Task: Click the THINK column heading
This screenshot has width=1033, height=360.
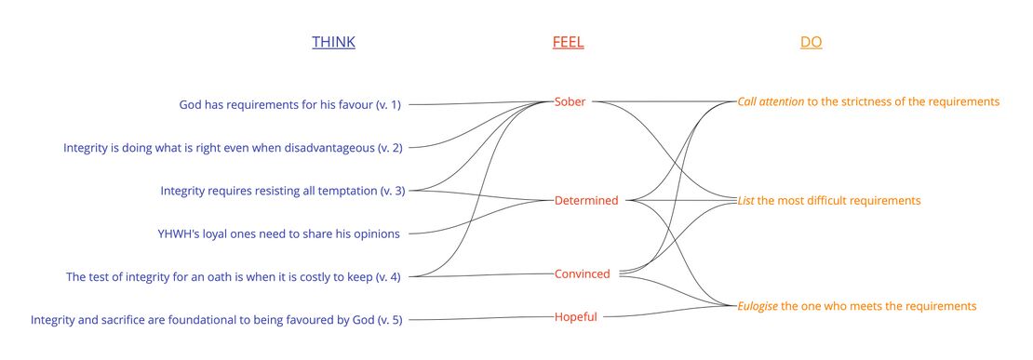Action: pyautogui.click(x=333, y=42)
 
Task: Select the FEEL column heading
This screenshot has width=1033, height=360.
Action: pyautogui.click(x=568, y=42)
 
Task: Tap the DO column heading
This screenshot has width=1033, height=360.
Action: pyautogui.click(x=811, y=42)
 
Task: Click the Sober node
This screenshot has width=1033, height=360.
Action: pyautogui.click(x=570, y=101)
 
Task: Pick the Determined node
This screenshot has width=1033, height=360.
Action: pyautogui.click(x=586, y=200)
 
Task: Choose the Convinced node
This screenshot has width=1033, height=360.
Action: pyautogui.click(x=583, y=273)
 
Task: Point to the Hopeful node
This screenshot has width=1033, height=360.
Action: pyautogui.click(x=576, y=316)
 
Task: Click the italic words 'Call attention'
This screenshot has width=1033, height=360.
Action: pyautogui.click(x=771, y=101)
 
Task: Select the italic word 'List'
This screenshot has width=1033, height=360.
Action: pyautogui.click(x=745, y=200)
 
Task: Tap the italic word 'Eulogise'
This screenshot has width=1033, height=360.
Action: pyautogui.click(x=758, y=305)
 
